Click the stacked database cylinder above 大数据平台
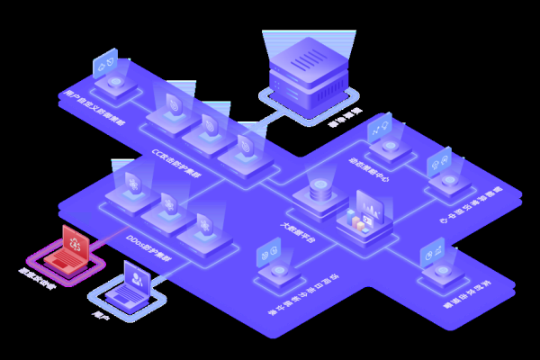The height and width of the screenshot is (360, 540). tap(319, 192)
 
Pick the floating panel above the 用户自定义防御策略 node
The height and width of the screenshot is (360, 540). tap(105, 63)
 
